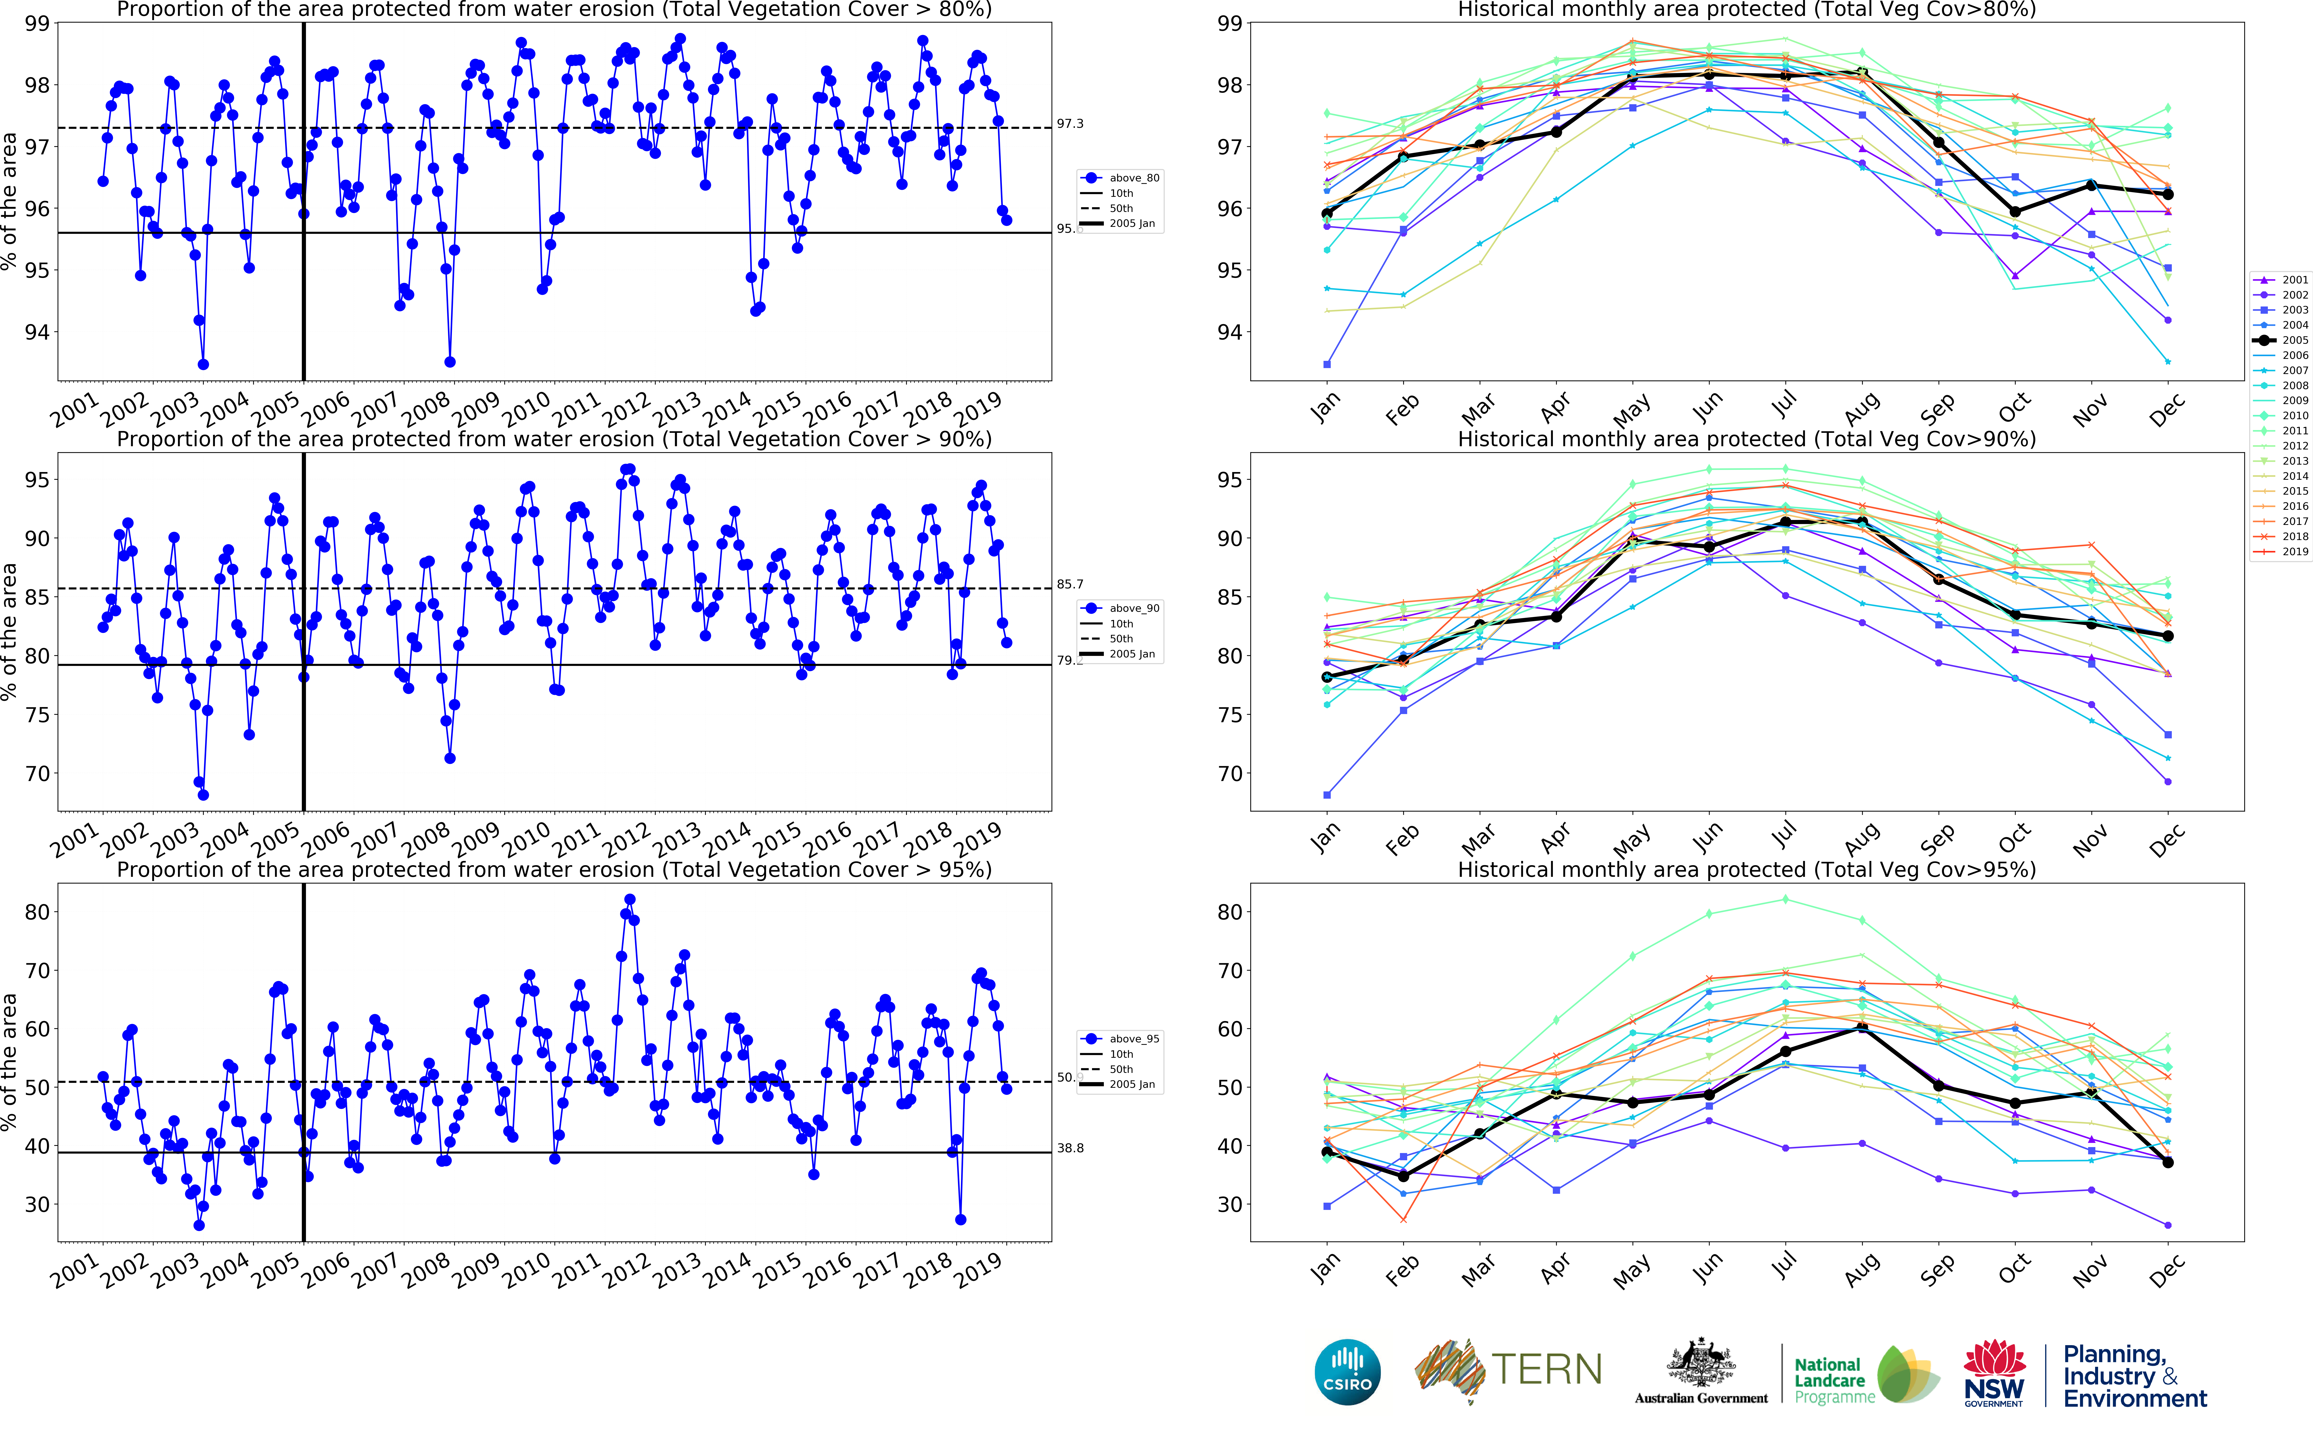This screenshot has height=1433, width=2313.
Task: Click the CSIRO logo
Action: pos(1347,1371)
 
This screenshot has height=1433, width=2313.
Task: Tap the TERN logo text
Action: pos(1546,1369)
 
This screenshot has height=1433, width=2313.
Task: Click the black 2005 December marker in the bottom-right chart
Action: pos(2168,1162)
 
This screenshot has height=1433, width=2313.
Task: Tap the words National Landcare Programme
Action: pos(1834,1380)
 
